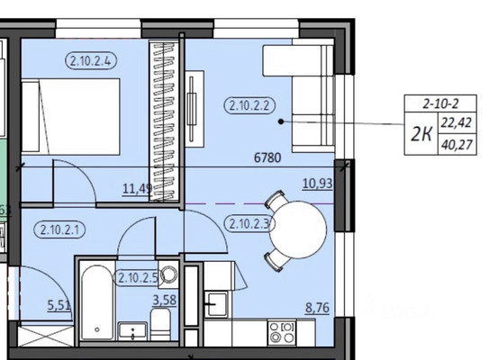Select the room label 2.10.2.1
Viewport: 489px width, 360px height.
point(62,229)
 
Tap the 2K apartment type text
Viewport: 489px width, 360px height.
point(421,133)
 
